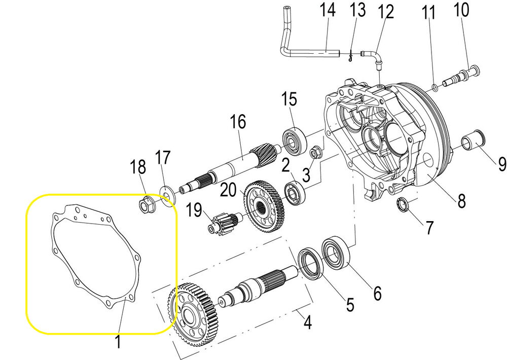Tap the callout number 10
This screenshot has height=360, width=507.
461,10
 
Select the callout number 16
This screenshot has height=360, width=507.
237,122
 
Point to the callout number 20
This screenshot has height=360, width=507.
229,191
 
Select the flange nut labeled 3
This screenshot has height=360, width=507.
315,151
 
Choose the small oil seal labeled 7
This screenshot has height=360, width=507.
404,204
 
